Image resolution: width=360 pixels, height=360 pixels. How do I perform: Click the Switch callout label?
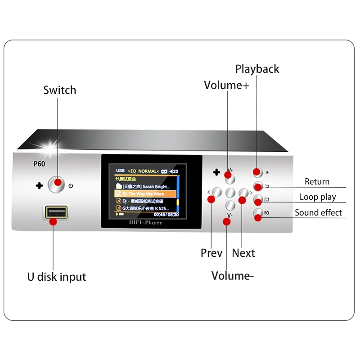tap(59, 90)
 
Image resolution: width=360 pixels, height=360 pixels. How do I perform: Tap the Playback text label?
tap(257, 69)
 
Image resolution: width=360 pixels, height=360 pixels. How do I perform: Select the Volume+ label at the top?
tap(226, 85)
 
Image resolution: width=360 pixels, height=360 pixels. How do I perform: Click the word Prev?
tap(211, 253)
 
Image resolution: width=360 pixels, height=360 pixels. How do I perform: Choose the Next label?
tap(243, 253)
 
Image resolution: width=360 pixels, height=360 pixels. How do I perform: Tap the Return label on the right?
tap(317, 182)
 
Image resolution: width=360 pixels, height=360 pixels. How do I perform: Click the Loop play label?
tap(318, 197)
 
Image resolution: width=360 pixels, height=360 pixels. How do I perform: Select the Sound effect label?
tap(318, 212)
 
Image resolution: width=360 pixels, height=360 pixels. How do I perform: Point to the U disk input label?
tap(56, 276)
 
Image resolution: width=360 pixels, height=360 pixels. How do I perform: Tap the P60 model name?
tap(39, 164)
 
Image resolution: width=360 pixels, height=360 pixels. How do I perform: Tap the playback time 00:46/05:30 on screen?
tap(166, 215)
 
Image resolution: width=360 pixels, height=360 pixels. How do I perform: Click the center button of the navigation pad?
tap(230, 193)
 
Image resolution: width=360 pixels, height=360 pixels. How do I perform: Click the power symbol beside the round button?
tap(71, 185)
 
